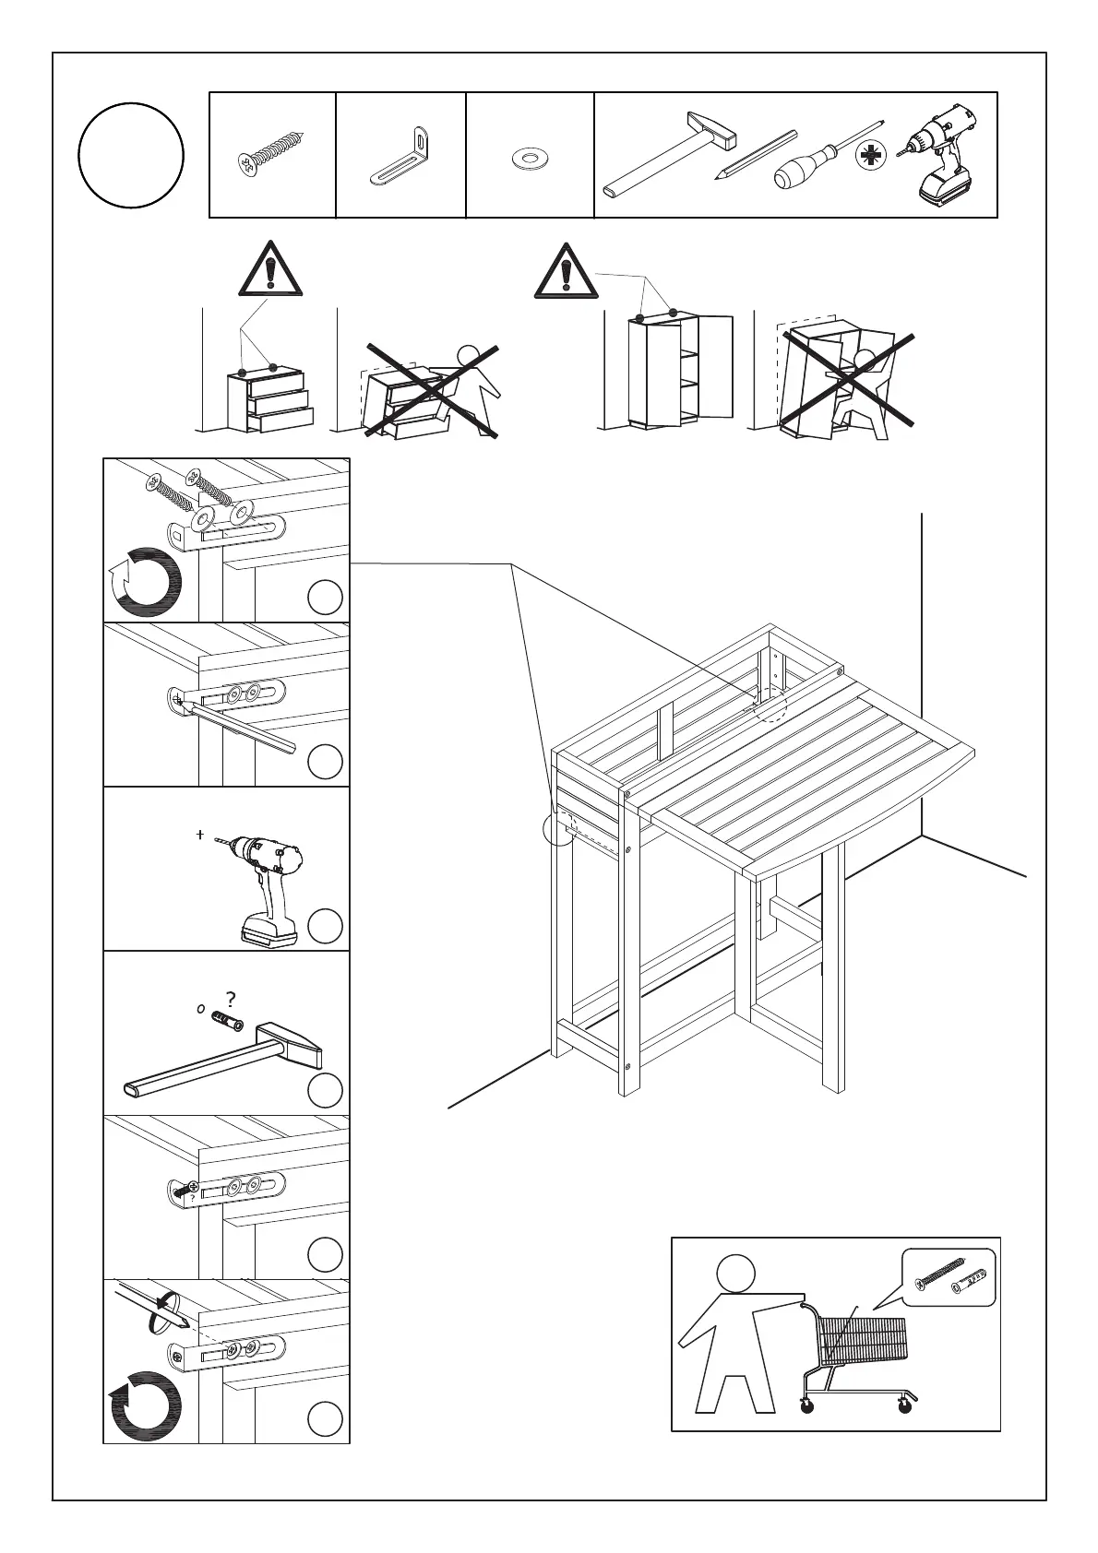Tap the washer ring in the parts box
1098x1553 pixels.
tap(530, 159)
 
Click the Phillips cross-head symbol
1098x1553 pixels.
tap(868, 155)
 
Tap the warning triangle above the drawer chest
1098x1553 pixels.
tap(269, 268)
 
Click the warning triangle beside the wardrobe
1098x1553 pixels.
tap(565, 270)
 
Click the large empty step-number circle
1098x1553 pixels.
tap(131, 155)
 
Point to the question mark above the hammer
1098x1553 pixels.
tap(231, 999)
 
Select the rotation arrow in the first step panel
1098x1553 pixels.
tap(144, 583)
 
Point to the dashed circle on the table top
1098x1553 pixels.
tap(770, 705)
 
